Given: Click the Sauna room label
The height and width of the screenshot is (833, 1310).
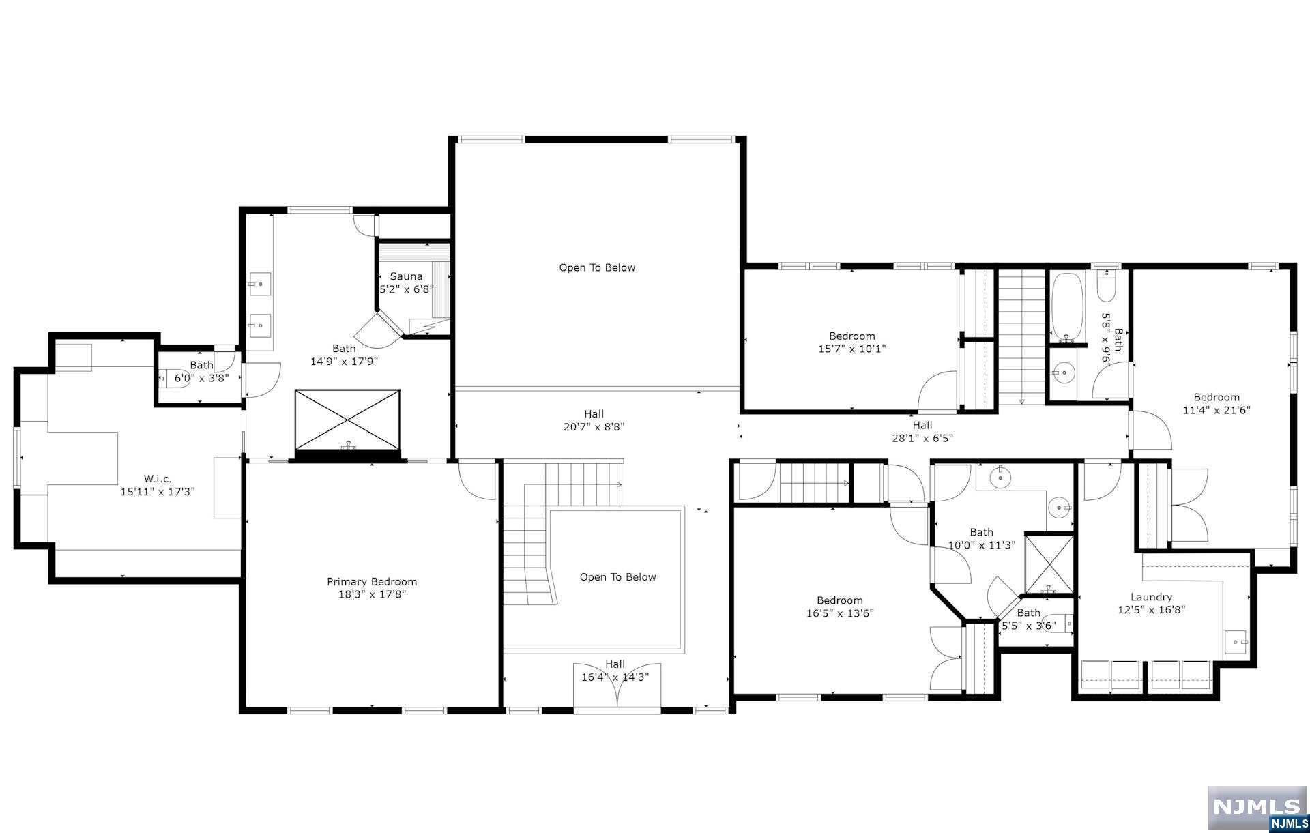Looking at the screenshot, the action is pos(406,276).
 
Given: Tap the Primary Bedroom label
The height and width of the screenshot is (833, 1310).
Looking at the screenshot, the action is pos(372,582).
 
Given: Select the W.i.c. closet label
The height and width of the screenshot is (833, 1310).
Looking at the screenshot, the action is pos(158,479).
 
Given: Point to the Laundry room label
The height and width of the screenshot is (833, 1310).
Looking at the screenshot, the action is pos(1151,597).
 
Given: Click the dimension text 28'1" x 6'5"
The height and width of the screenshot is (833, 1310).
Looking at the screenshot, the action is pos(922,438).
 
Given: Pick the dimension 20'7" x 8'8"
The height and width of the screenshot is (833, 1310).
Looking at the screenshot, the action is pos(594,427).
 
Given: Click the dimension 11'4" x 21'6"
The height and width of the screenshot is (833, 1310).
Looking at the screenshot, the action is pos(1217,410).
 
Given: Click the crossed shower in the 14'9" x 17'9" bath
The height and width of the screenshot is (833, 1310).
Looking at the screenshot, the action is pos(347,420).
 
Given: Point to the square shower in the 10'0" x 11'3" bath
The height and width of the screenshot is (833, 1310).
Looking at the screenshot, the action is pos(1049,564).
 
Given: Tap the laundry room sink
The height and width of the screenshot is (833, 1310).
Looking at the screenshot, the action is pos(1236,642).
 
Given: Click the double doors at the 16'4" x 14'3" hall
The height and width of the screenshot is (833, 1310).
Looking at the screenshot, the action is pos(617,686).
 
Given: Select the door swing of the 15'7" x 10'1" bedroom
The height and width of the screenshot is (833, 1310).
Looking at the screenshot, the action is pos(937,391).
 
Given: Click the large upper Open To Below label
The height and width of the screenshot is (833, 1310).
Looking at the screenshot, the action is pos(597,267).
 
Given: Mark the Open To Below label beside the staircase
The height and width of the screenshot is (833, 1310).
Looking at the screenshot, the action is pos(617,577).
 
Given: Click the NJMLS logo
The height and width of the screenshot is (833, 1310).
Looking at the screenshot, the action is pos(1257,809).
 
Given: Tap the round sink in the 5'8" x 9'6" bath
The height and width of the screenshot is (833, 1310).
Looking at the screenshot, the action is pos(1061,372).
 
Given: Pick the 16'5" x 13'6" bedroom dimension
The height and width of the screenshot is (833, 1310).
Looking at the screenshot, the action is pos(840,613).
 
